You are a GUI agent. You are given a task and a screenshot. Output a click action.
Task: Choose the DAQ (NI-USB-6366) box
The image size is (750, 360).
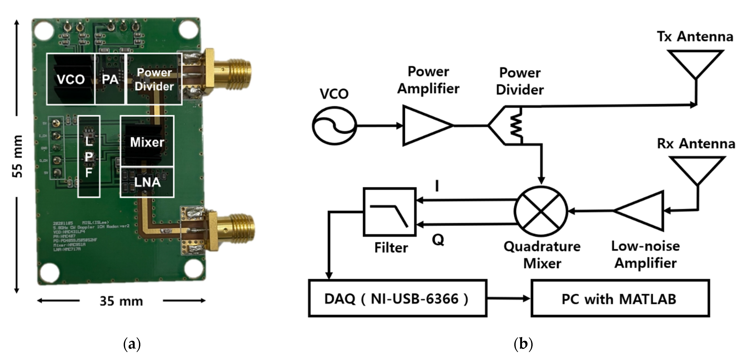pos(397,298)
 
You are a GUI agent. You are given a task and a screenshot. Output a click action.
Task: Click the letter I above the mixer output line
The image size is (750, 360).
pos(437,186)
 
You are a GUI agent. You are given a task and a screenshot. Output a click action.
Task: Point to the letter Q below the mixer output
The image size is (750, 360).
pos(438,240)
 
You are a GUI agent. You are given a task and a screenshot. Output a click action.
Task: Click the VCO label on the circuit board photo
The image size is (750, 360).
pos(71,79)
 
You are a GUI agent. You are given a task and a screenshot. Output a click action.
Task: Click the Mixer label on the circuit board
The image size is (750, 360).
pos(147,142)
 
